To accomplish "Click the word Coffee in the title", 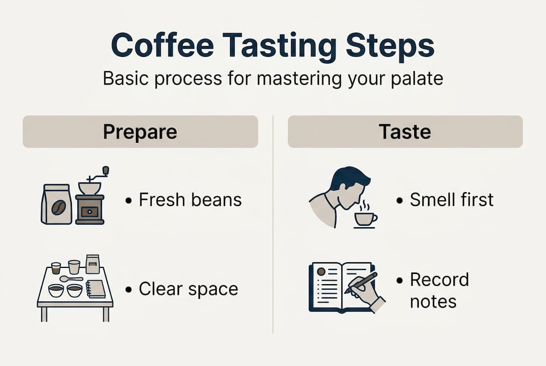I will click(x=162, y=46).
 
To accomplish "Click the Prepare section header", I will click(x=140, y=132).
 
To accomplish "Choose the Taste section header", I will click(x=405, y=132).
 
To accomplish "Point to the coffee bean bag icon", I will click(x=56, y=204).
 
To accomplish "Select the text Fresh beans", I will click(x=190, y=200).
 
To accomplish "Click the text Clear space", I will click(x=188, y=289).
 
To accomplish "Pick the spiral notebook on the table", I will click(x=96, y=289).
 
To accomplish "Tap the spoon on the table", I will click(x=70, y=279).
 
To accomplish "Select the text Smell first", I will click(x=451, y=200).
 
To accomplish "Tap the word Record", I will click(x=439, y=280).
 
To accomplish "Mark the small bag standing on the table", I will click(x=93, y=264).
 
